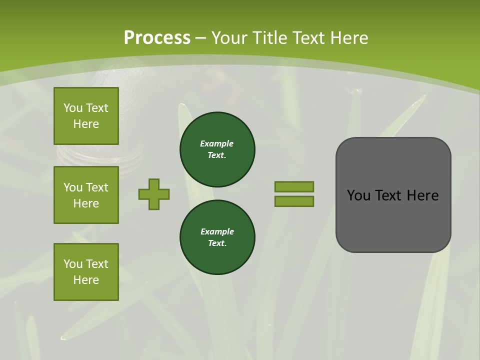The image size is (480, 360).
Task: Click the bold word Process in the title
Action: [x=157, y=38]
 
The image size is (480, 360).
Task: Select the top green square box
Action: [x=86, y=116]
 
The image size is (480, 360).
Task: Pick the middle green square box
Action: [x=86, y=195]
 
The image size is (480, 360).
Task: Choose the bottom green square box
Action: [x=86, y=271]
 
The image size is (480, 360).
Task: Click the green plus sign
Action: [x=154, y=194]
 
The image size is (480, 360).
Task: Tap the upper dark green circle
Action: [x=217, y=149]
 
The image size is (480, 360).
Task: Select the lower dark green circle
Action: [x=217, y=237]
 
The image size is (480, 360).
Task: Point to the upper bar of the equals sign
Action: [x=294, y=186]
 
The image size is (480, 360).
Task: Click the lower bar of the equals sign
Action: [x=294, y=201]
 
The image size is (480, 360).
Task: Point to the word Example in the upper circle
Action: [x=217, y=143]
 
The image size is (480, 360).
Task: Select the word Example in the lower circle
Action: [x=217, y=231]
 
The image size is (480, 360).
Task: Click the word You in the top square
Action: [x=73, y=108]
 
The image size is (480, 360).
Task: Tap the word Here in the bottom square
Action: [x=86, y=280]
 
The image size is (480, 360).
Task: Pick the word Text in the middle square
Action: [x=96, y=187]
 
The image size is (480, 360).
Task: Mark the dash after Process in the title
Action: [x=201, y=38]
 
